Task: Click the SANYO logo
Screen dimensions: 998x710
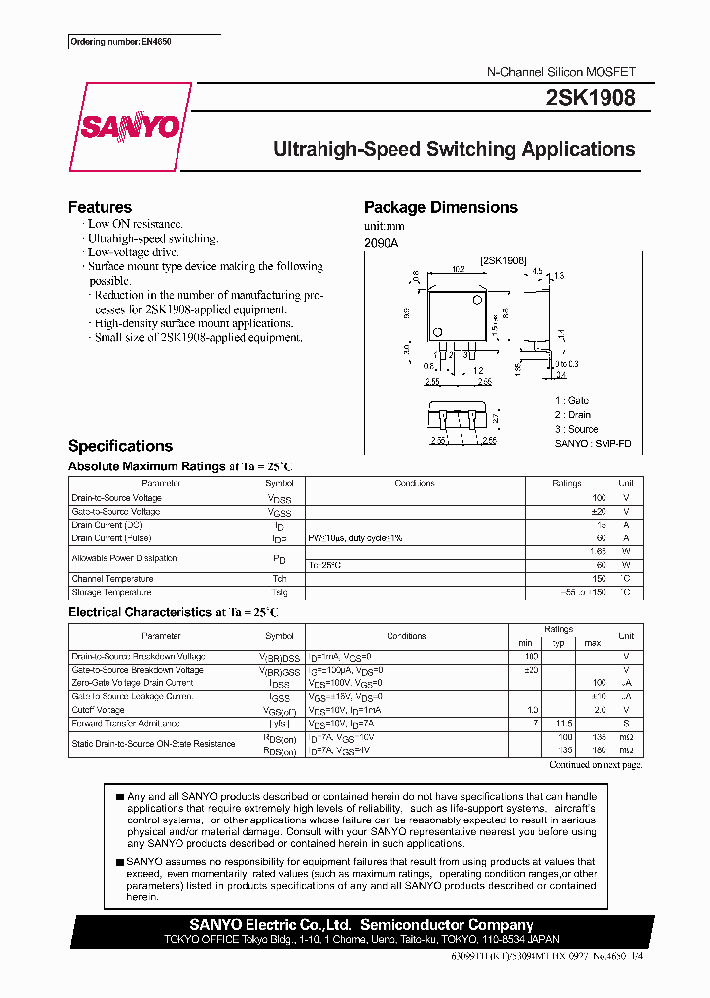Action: click(129, 126)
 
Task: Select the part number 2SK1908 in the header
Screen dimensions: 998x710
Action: click(590, 98)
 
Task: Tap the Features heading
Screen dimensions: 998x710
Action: click(100, 207)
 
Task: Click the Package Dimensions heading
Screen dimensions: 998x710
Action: click(440, 207)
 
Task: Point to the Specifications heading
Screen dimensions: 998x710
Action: click(119, 446)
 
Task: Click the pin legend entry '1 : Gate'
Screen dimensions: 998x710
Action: click(572, 401)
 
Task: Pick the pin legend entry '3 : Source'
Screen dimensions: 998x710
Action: click(576, 429)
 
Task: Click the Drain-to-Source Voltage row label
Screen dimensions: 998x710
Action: click(116, 498)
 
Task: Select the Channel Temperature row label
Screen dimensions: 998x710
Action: click(112, 579)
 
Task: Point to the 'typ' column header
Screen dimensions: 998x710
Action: click(560, 643)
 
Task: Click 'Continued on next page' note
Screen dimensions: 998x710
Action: click(596, 765)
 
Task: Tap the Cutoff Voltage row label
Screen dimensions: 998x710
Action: click(98, 710)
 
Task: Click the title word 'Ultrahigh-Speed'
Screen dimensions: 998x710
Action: click(345, 150)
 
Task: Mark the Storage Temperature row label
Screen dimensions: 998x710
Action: click(111, 593)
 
